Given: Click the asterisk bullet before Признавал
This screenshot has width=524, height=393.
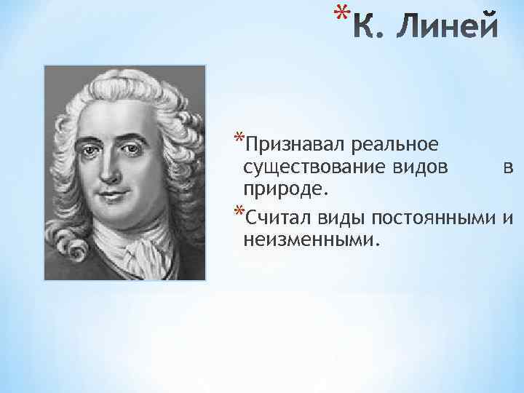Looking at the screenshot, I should tap(238, 139).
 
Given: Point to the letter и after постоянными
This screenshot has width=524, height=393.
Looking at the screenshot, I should tap(509, 218).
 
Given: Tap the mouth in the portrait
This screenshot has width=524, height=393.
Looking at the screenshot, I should tap(113, 196).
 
